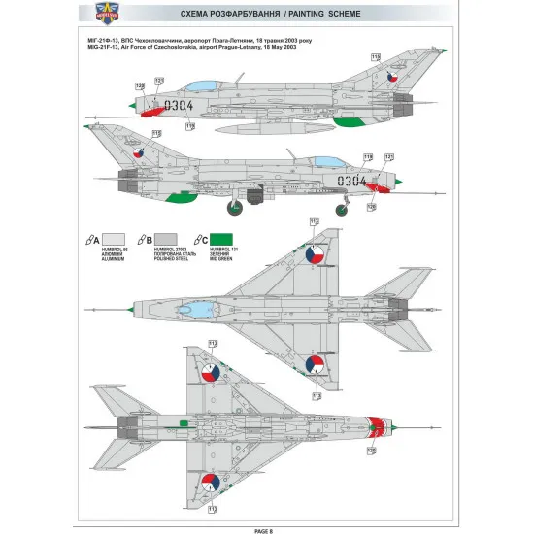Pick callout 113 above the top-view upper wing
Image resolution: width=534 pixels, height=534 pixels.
point(314,222)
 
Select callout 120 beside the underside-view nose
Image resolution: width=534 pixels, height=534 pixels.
point(370,451)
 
